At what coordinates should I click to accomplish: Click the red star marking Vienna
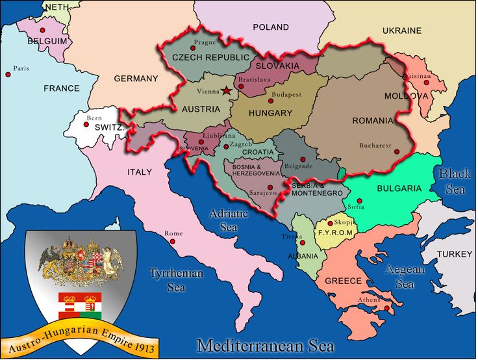pyautogui.click(x=226, y=91)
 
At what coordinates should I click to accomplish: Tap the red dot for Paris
pyautogui.click(x=8, y=75)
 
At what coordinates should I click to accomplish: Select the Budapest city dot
pyautogui.click(x=271, y=101)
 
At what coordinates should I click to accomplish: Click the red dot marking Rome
pyautogui.click(x=173, y=241)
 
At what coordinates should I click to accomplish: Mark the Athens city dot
pyautogui.click(x=386, y=308)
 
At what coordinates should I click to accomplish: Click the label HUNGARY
pyautogui.click(x=270, y=113)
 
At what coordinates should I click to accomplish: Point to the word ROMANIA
pyautogui.click(x=372, y=121)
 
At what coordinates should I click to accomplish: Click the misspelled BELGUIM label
pyautogui.click(x=47, y=40)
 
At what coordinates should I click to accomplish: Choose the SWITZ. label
pyautogui.click(x=109, y=128)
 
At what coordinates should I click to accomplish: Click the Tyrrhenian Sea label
pyautogui.click(x=177, y=279)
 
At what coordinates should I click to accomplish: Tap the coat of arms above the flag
pyautogui.click(x=80, y=262)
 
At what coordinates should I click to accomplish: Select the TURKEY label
pyautogui.click(x=455, y=253)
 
